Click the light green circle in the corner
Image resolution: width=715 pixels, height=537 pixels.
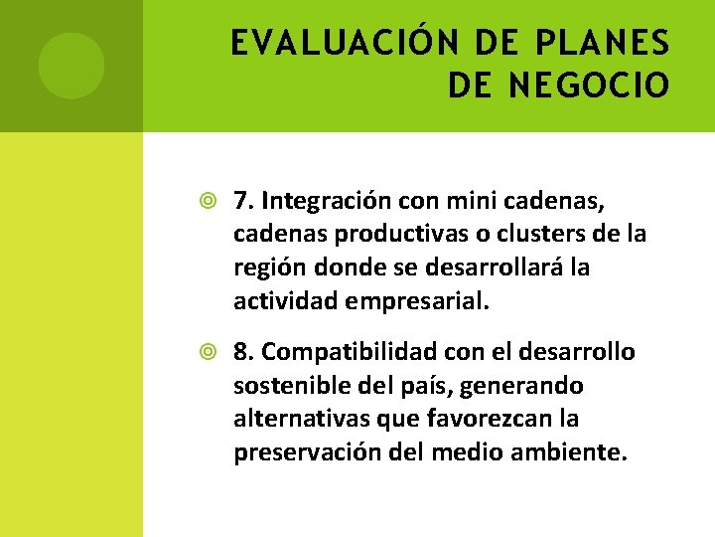pos(71,66)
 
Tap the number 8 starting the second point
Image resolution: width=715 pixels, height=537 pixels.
pos(242,352)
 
